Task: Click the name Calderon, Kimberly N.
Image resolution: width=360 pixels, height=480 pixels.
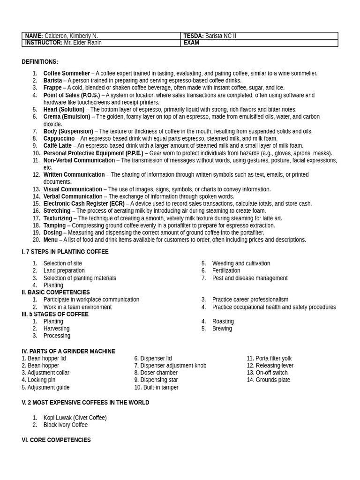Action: pyautogui.click(x=71, y=36)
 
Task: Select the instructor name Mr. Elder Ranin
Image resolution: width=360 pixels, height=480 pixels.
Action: pyautogui.click(x=82, y=43)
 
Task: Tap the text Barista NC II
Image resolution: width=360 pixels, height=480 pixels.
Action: pyautogui.click(x=220, y=36)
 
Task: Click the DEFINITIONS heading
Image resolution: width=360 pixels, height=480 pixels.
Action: pyautogui.click(x=40, y=62)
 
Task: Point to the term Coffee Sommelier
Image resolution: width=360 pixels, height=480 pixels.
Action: pyautogui.click(x=67, y=73)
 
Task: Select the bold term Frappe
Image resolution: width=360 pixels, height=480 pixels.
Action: pyautogui.click(x=52, y=88)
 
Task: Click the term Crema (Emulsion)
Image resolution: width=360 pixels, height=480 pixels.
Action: pyautogui.click(x=67, y=117)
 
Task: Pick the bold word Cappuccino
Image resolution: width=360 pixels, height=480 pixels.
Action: pyautogui.click(x=59, y=138)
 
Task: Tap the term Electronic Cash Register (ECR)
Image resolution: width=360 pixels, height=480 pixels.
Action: pyautogui.click(x=84, y=204)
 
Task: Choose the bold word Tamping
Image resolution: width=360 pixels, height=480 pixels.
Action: pyautogui.click(x=54, y=225)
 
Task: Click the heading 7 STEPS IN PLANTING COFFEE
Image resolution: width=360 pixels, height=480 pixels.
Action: pyautogui.click(x=67, y=252)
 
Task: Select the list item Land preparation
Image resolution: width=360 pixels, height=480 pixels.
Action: pyautogui.click(x=64, y=270)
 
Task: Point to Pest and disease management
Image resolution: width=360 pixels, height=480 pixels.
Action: pyautogui.click(x=250, y=278)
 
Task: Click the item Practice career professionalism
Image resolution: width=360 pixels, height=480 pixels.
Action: pyautogui.click(x=250, y=300)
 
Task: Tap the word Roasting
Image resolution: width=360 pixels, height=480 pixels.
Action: pyautogui.click(x=223, y=322)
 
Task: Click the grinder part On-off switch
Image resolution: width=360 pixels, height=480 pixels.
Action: pyautogui.click(x=271, y=373)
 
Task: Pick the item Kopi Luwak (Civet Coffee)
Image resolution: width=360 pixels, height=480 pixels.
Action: pyautogui.click(x=75, y=418)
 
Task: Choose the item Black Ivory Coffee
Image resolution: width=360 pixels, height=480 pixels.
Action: pyautogui.click(x=66, y=425)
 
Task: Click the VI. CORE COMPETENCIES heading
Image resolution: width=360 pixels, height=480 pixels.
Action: pyautogui.click(x=56, y=440)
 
